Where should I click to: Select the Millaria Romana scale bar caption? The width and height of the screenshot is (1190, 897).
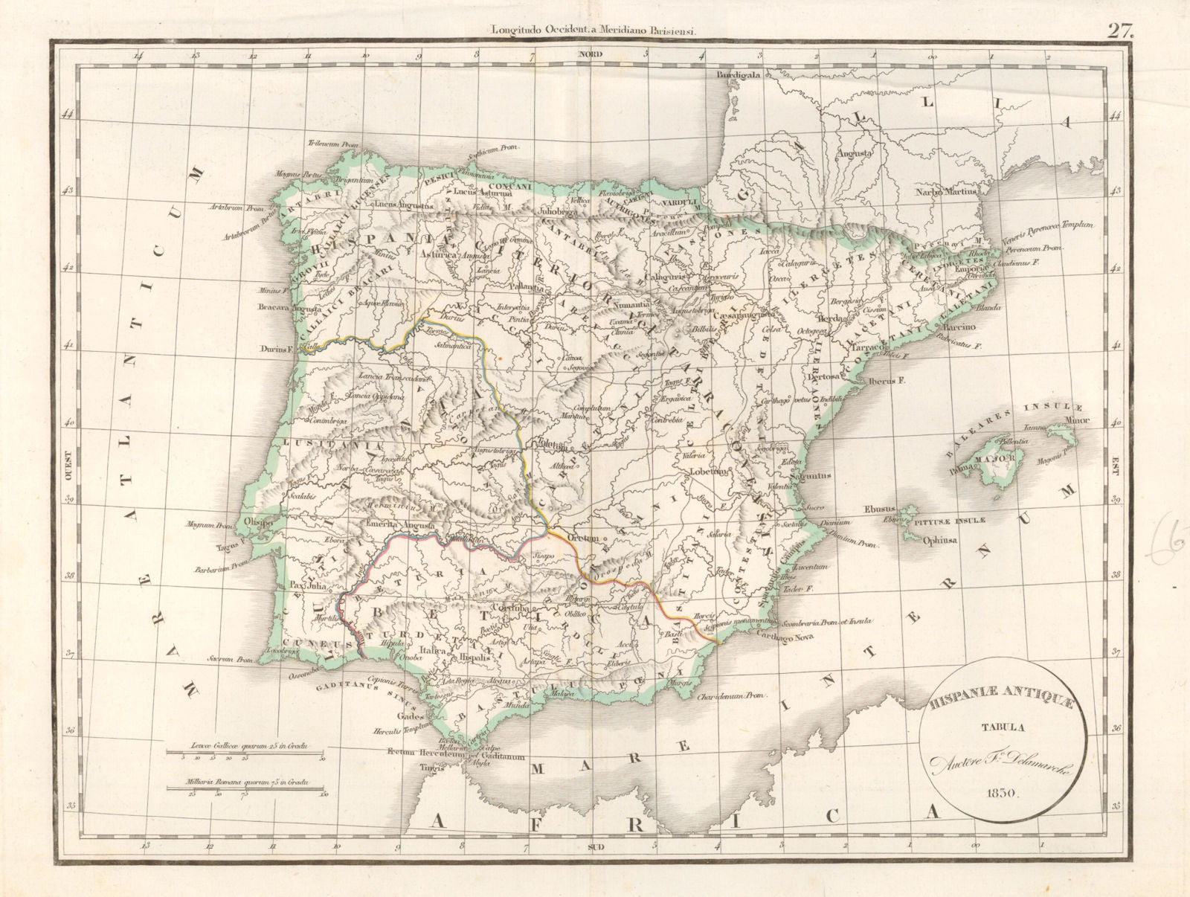(237, 782)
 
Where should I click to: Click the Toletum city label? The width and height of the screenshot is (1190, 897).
(556, 448)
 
